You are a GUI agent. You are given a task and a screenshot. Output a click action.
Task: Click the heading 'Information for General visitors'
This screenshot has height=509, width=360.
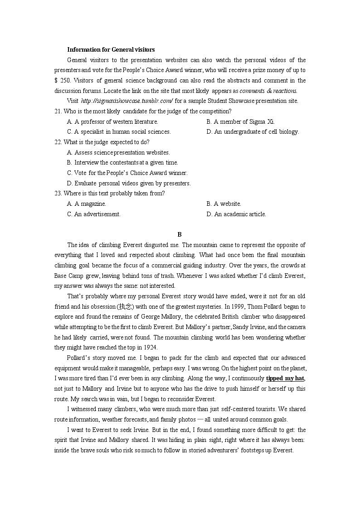111,49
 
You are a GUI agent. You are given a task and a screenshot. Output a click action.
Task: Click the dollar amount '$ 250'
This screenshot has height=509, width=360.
62,80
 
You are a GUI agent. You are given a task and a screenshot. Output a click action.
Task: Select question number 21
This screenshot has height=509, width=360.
58,111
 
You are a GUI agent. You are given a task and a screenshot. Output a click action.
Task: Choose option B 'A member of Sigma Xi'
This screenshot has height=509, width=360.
240,121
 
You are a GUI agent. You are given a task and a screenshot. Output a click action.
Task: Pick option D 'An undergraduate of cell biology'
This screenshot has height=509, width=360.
253,132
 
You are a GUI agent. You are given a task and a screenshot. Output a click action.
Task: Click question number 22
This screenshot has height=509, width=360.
58,142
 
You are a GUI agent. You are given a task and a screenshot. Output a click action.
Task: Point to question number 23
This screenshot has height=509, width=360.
58,193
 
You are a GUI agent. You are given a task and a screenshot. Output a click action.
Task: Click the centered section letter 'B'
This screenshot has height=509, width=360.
180,234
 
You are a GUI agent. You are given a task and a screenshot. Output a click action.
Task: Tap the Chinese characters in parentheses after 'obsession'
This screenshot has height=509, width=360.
125,306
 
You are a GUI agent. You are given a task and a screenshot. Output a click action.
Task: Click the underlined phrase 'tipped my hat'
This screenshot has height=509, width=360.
285,378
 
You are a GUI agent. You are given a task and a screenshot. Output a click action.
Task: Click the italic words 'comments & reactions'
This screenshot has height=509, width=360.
268,91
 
